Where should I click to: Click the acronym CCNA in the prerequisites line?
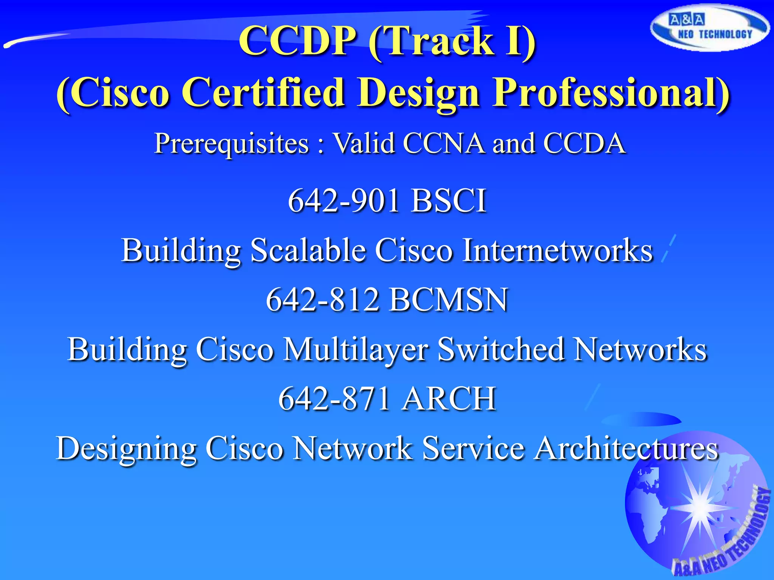tap(444, 143)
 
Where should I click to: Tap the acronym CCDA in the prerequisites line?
tap(584, 143)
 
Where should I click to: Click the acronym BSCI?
tap(449, 201)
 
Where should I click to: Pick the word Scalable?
tap(308, 250)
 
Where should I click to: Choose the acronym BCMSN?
tap(449, 300)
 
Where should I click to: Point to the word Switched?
tap(501, 349)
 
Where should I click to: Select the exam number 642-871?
tap(334, 399)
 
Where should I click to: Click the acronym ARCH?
tap(449, 399)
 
